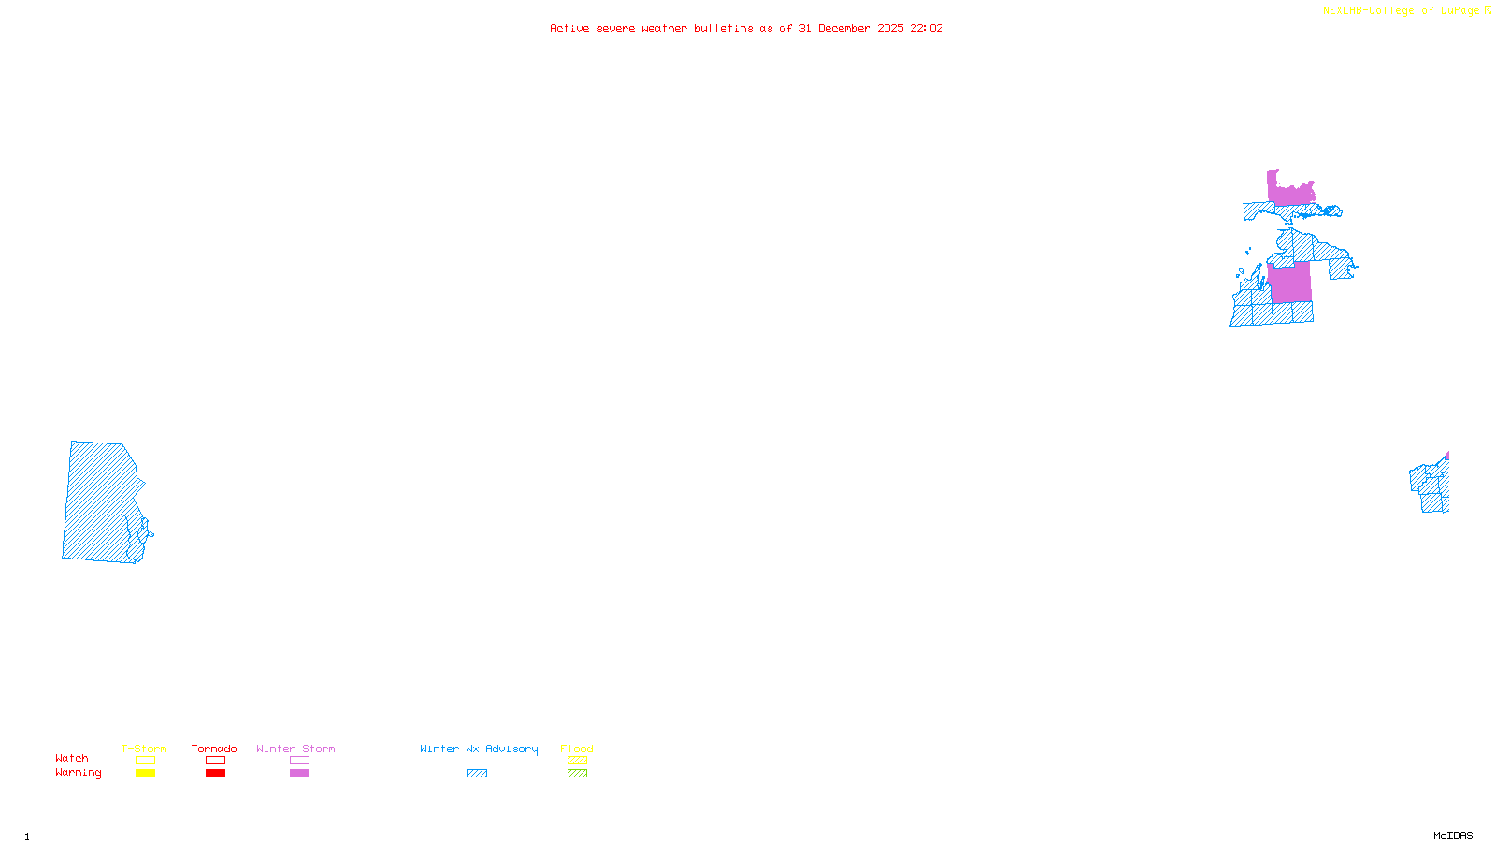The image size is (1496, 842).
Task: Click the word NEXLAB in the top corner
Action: click(1343, 11)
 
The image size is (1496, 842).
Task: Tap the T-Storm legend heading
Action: click(144, 748)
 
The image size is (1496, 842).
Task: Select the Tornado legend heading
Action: click(214, 748)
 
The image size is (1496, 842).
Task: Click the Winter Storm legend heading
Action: click(295, 748)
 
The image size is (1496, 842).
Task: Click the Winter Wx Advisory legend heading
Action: click(479, 748)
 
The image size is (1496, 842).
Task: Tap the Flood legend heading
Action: click(577, 748)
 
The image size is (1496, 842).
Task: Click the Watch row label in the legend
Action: click(72, 759)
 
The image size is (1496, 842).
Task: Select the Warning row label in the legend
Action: click(79, 773)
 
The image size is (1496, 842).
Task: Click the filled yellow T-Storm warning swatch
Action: click(145, 774)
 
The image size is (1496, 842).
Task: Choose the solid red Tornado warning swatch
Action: click(215, 774)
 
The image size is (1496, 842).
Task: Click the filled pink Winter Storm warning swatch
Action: click(299, 774)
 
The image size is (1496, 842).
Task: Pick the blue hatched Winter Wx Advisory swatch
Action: click(477, 774)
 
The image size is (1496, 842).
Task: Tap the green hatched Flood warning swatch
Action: click(577, 774)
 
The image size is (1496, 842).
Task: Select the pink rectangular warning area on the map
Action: click(1290, 283)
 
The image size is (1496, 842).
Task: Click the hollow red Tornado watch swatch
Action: click(215, 761)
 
